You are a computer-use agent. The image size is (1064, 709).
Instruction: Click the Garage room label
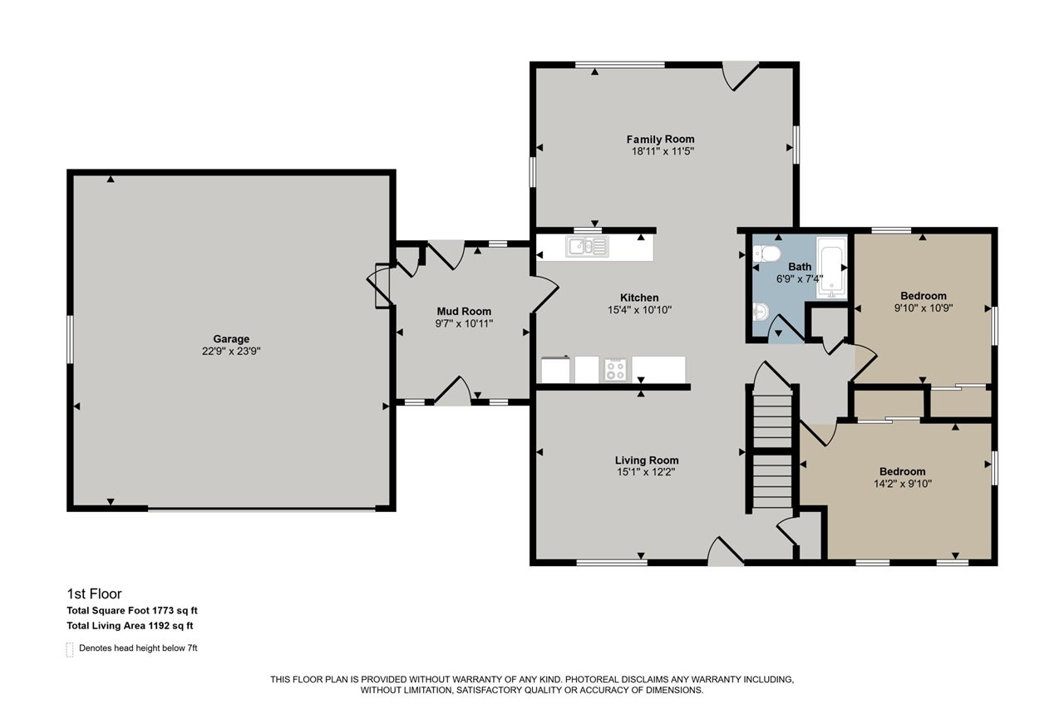[x=231, y=338]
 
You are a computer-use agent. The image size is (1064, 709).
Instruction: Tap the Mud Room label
[x=464, y=311]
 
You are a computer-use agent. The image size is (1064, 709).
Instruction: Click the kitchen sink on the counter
[x=587, y=247]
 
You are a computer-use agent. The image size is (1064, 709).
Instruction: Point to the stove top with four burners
[x=616, y=369]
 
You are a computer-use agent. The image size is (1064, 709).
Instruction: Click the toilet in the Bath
[x=766, y=254]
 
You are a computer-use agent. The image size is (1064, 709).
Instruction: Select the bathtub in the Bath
[x=831, y=268]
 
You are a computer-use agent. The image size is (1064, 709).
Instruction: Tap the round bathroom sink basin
[x=760, y=312]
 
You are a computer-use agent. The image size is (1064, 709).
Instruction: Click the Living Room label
[x=647, y=460]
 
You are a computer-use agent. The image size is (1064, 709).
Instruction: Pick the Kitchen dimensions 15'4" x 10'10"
[x=639, y=310]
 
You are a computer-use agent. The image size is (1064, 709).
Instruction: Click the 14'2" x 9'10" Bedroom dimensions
[x=903, y=484]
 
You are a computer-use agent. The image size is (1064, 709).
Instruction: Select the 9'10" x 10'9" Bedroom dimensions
[x=924, y=308]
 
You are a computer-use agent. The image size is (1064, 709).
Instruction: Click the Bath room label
[x=800, y=267]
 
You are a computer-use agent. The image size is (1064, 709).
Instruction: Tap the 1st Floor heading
[x=94, y=593]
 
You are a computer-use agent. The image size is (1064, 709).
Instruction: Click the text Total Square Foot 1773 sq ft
[x=132, y=611]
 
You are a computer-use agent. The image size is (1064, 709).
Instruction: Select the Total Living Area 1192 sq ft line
[x=130, y=625]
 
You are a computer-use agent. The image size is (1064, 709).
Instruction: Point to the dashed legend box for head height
[x=70, y=650]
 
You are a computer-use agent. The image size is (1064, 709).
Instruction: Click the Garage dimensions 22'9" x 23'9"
[x=231, y=352]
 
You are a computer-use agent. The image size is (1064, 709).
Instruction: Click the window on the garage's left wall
[x=70, y=339]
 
